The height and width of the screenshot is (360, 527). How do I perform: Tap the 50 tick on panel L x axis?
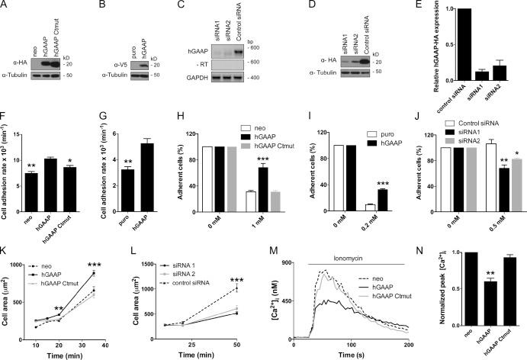pyautogui.click(x=262, y=345)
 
